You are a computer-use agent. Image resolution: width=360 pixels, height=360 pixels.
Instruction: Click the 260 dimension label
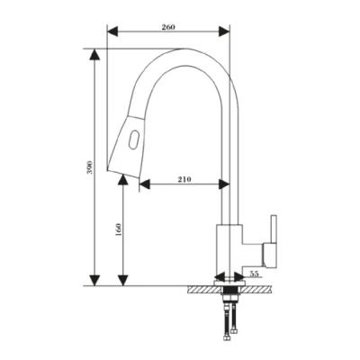coord(168,27)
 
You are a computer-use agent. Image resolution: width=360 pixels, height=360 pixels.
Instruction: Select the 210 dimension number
coord(184,179)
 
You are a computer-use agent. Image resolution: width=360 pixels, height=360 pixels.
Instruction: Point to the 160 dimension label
coord(119,229)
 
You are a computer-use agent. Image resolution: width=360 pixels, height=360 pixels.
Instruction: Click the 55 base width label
coord(254,273)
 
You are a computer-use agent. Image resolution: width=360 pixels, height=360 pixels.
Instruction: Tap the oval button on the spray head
coord(133,139)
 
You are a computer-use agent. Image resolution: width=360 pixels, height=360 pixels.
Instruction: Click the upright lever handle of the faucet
coord(274,229)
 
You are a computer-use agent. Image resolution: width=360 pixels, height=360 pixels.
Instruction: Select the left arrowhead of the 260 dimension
coord(113,31)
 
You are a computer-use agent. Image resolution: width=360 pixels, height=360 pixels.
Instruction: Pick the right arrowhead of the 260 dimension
coord(224,31)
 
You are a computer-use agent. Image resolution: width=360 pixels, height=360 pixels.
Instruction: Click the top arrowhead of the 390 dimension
coord(94,55)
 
